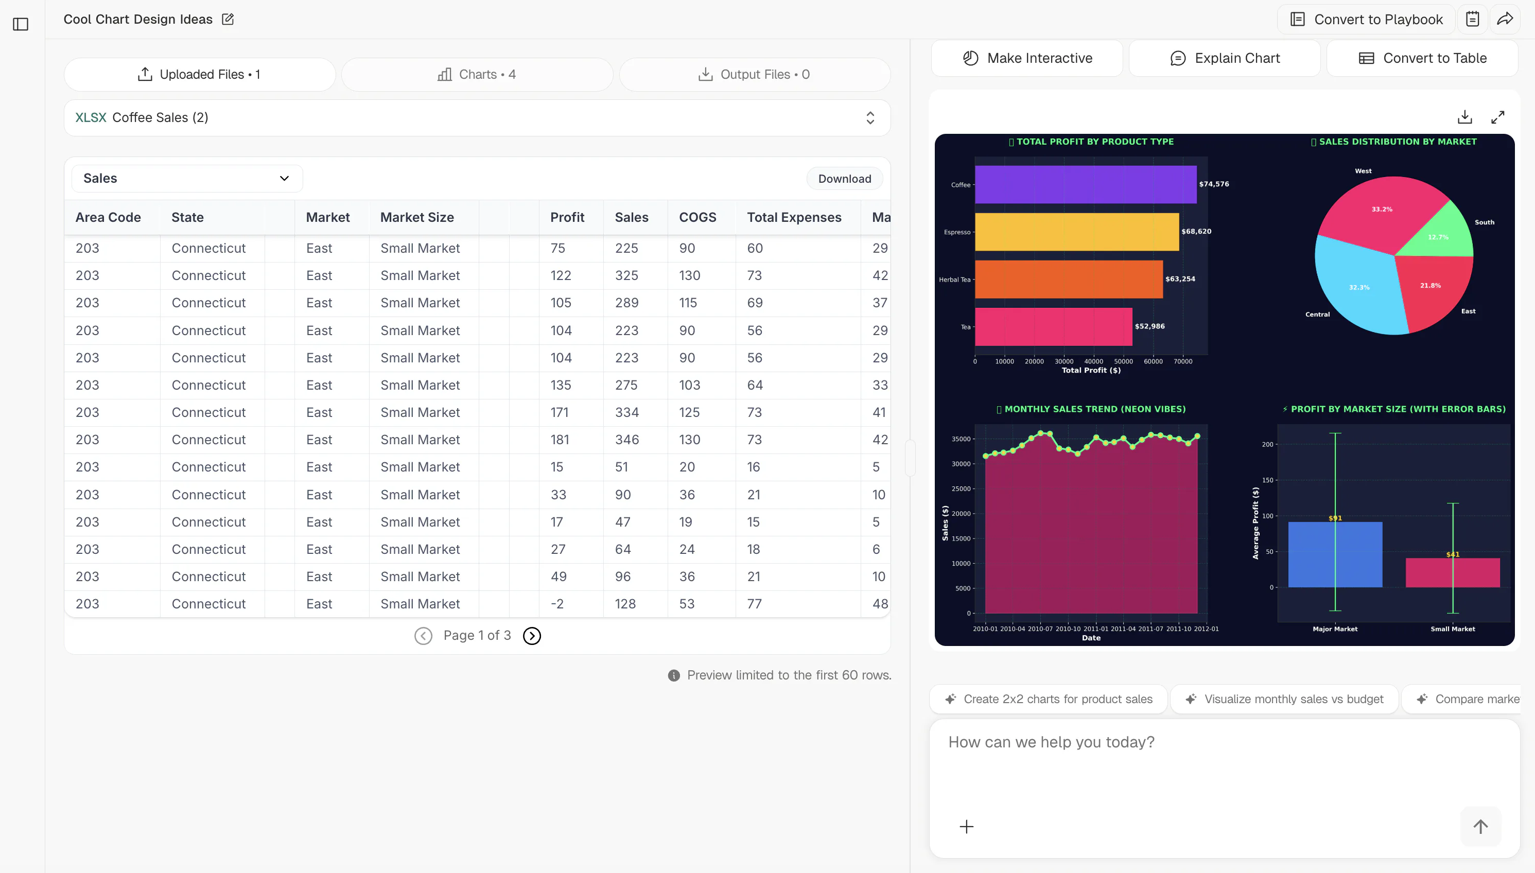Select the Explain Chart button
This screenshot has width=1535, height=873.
(1225, 58)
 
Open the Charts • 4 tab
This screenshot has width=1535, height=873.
(477, 74)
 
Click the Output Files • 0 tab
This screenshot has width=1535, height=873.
(754, 74)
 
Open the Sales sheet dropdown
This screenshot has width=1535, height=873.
(186, 178)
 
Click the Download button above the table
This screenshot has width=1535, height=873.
(844, 179)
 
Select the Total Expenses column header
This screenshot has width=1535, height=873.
(794, 217)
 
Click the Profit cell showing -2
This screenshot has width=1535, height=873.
(557, 604)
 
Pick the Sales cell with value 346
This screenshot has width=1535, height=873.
(626, 440)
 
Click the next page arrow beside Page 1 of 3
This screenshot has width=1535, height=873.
(532, 636)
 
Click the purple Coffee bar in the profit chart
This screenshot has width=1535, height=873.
(1085, 184)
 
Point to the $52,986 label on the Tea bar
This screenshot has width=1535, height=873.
(1149, 326)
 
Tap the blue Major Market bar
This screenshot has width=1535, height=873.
(1335, 554)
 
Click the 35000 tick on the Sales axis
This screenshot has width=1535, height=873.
(961, 439)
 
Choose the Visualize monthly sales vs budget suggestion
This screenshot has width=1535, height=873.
(1284, 699)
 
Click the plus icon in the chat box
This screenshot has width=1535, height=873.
(967, 827)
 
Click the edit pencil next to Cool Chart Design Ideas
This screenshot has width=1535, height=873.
(228, 19)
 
